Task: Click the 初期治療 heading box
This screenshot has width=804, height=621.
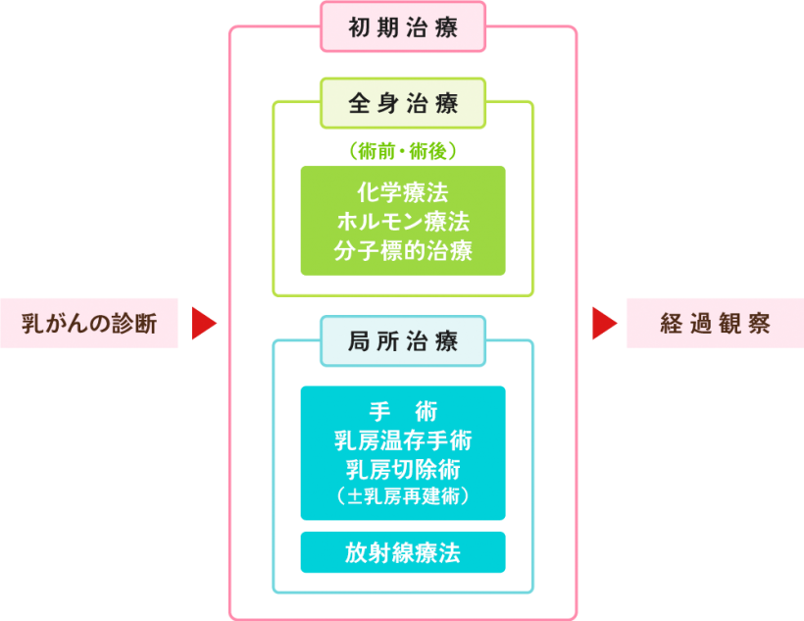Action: point(403,26)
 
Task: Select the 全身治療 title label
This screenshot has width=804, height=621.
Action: point(403,102)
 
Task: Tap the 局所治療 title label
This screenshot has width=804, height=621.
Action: point(403,341)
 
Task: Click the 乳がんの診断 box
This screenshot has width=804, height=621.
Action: point(89,323)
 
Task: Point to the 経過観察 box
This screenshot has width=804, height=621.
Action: point(715,323)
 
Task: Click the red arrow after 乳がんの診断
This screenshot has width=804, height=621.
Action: point(203,323)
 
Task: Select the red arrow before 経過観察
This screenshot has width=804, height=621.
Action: point(604,323)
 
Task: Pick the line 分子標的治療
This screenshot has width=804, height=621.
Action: point(403,250)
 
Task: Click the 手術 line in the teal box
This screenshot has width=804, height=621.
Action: point(403,409)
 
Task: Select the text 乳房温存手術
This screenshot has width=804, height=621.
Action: point(403,439)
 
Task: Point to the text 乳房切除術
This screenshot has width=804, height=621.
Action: point(403,468)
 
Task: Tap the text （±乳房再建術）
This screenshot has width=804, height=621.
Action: point(403,496)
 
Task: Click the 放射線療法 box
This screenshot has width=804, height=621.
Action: point(403,552)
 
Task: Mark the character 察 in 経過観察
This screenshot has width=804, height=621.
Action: point(758,323)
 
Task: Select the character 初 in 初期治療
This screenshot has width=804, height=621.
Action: point(360,26)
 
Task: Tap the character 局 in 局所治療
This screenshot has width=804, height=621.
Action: point(360,341)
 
